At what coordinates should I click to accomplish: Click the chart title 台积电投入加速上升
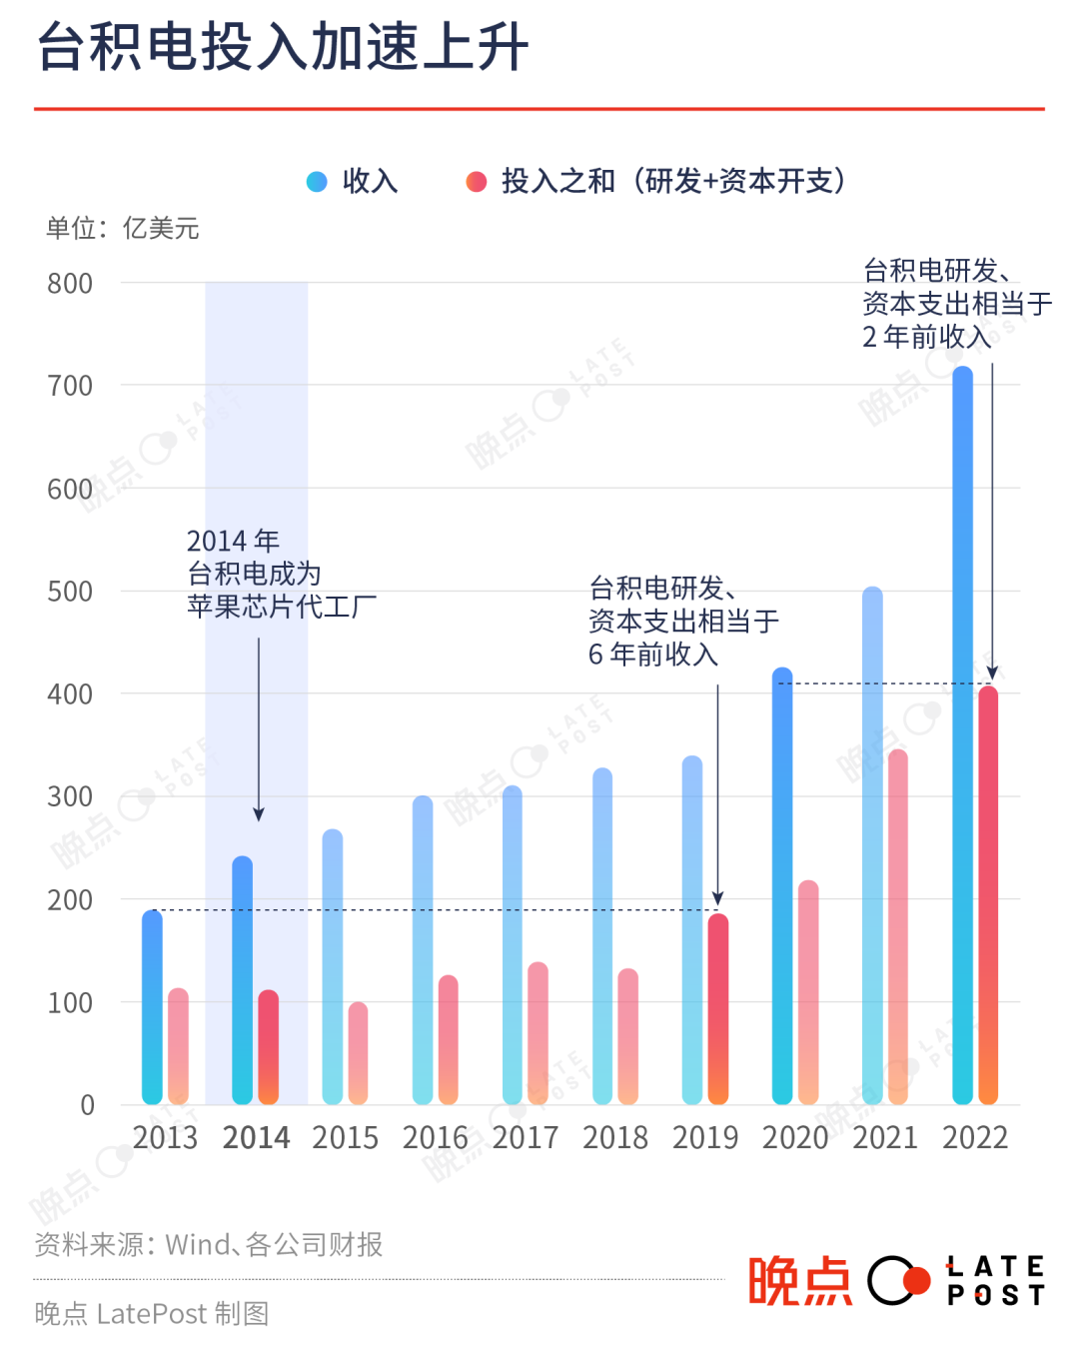coord(283,48)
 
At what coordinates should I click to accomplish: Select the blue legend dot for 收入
coord(317,181)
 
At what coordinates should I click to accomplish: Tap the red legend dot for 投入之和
coord(477,181)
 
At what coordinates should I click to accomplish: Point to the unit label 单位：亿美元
coord(122,229)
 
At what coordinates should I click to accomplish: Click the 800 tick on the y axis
coord(70,284)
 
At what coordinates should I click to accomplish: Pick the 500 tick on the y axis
coord(70,592)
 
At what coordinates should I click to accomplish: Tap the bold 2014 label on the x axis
coord(256,1138)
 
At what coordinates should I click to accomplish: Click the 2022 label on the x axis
coord(975,1138)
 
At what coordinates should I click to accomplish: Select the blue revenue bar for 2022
coord(962,734)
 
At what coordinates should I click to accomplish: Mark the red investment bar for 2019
coord(718,1009)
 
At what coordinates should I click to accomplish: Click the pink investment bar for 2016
coord(449,1039)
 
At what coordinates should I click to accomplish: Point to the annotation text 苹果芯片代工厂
coord(282,607)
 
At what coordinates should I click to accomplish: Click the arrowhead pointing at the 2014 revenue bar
coord(259,814)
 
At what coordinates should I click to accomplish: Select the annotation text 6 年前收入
coord(653,655)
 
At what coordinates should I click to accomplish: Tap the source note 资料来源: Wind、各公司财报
coord(209,1245)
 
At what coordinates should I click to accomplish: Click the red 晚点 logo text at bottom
coord(800,1281)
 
